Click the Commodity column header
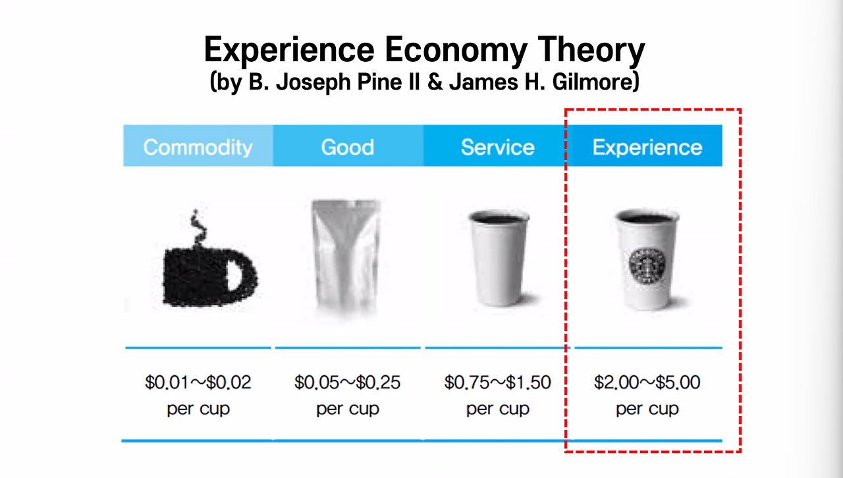tap(198, 147)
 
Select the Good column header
tap(347, 147)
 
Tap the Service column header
tap(497, 147)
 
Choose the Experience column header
tap(647, 147)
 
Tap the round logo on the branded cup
tap(647, 266)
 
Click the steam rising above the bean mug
tap(198, 228)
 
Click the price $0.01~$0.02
tap(198, 383)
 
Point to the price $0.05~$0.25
tap(347, 383)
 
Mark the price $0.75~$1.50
tap(497, 383)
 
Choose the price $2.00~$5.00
tap(647, 383)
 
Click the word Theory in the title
tap(591, 51)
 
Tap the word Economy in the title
tap(455, 51)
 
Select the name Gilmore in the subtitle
tap(596, 81)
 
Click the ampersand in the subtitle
tap(435, 82)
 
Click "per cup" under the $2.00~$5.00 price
tap(647, 409)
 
